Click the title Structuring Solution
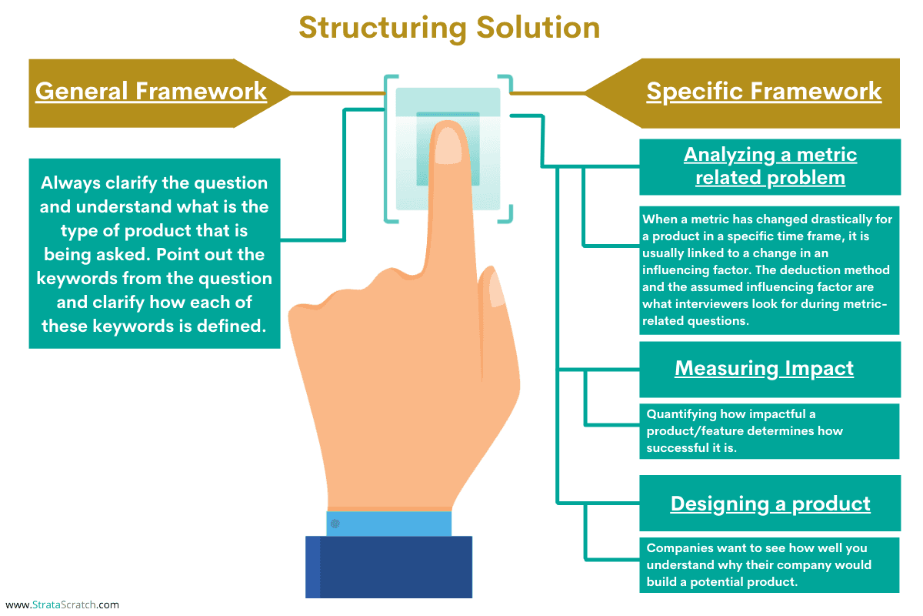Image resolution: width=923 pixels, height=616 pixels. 449,28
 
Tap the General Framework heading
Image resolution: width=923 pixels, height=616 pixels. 151,92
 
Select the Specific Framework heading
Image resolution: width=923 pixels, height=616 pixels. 764,92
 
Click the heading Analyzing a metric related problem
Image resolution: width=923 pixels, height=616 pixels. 770,166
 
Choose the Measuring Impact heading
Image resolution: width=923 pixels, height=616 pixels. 764,368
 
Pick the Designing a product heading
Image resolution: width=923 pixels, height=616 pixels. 770,504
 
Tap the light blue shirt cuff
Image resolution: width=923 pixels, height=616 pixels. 388,524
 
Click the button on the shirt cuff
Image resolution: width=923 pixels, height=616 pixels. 335,524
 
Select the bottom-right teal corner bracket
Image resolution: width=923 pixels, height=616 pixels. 505,215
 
